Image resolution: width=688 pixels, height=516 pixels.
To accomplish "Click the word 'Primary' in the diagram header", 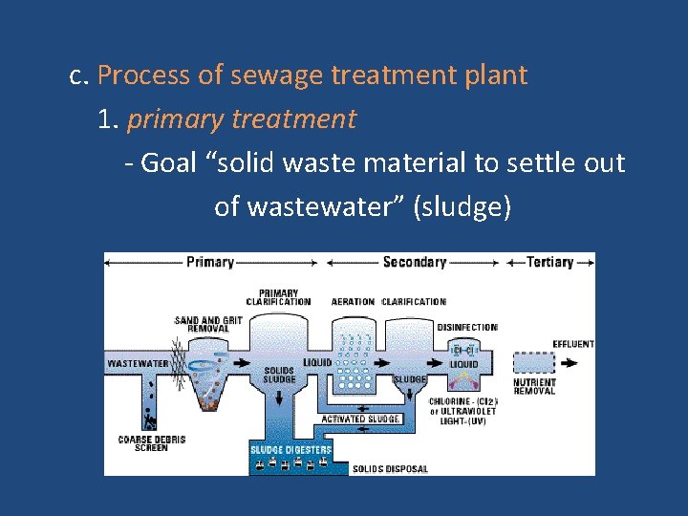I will tap(210, 262).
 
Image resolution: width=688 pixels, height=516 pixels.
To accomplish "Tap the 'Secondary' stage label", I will tap(415, 262).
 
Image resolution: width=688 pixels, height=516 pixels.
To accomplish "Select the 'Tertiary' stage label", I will tap(550, 262).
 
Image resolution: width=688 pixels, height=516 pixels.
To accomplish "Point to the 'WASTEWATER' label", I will tap(138, 363).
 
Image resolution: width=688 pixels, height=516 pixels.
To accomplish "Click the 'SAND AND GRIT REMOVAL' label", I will tap(208, 323).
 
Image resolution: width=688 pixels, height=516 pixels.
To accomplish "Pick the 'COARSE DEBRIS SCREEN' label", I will tap(151, 443).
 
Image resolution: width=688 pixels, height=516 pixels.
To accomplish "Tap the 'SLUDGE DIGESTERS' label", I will tap(291, 449).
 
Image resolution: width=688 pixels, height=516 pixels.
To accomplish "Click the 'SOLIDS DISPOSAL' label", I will tap(390, 469).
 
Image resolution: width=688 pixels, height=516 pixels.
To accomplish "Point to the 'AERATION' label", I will tap(353, 302).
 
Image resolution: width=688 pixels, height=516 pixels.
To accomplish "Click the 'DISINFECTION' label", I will tap(467, 327).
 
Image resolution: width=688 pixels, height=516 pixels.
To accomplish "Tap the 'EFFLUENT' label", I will tap(573, 344).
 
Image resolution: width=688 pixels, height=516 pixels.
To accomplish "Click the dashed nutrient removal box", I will tap(533, 363).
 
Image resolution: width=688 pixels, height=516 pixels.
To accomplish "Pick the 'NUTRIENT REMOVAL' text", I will tap(535, 387).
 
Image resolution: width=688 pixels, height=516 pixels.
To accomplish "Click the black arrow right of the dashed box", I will tap(570, 363).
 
